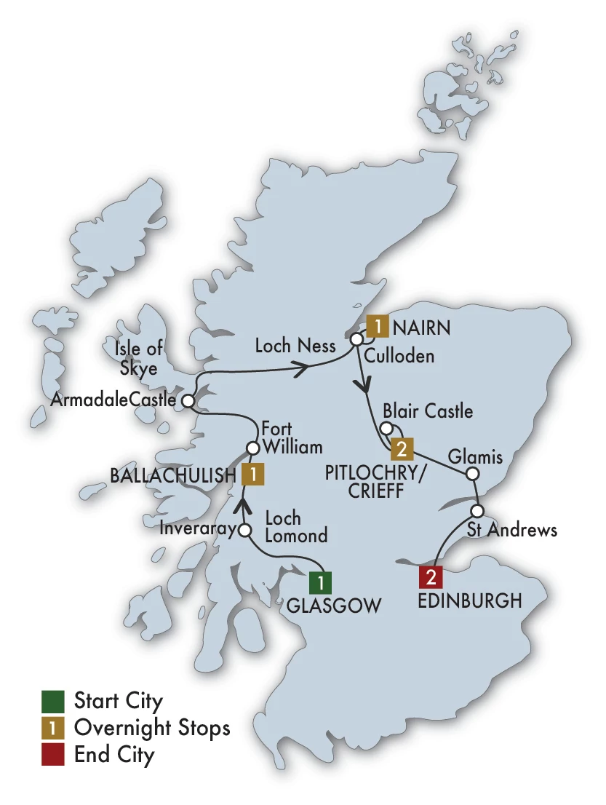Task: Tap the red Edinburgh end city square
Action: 430,578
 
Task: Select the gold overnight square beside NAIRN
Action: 377,327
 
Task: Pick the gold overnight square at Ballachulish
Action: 252,475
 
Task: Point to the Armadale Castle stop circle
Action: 188,400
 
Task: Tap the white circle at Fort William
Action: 252,448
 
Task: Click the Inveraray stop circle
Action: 245,531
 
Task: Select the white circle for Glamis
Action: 472,475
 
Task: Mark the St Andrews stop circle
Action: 478,509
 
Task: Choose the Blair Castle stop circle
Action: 388,428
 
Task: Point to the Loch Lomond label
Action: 297,527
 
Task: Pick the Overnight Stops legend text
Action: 152,727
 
